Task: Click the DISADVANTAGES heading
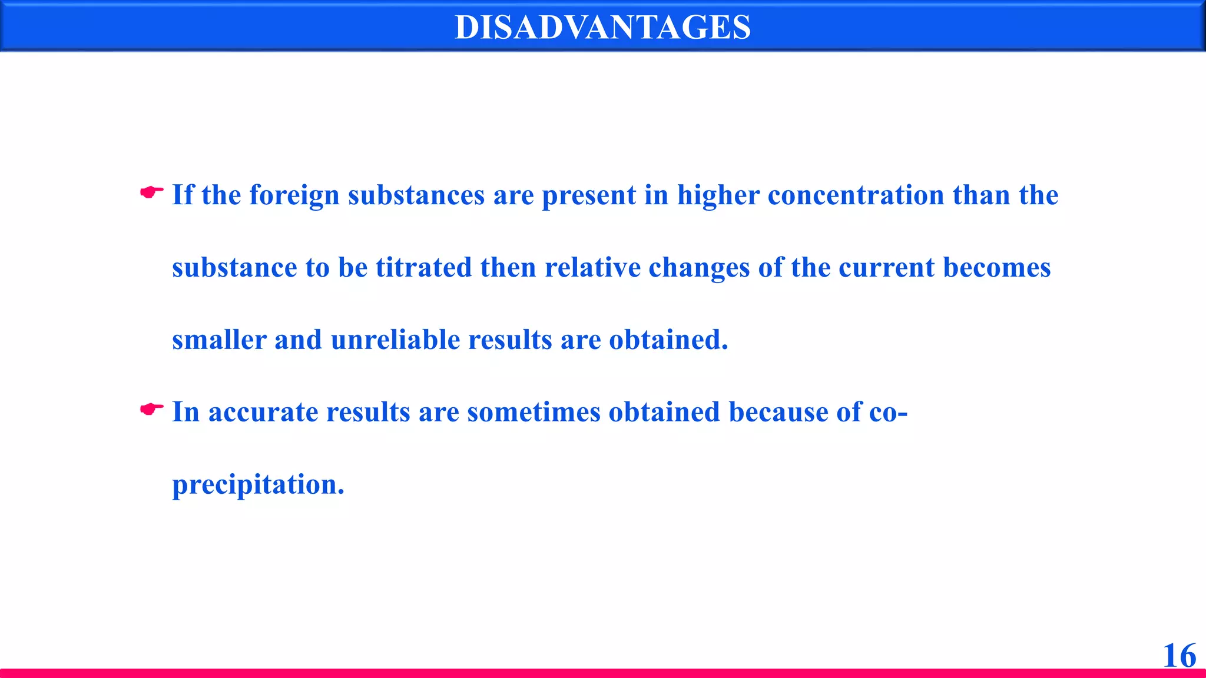[x=602, y=27]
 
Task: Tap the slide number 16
[x=1179, y=655]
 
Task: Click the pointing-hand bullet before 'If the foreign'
[x=151, y=192]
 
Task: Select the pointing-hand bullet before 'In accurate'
[x=151, y=409]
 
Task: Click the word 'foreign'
[x=294, y=195]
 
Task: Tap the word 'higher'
[x=718, y=195]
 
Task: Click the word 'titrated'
[x=423, y=268]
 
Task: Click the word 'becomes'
[x=996, y=268]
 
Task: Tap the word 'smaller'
[x=218, y=340]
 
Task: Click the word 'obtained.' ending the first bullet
[x=668, y=340]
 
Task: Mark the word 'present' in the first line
[x=589, y=195]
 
